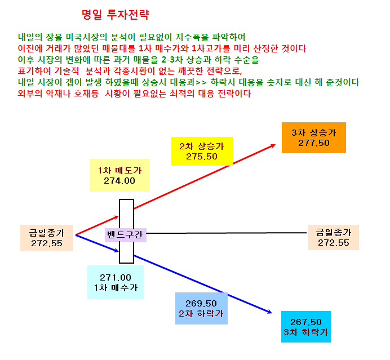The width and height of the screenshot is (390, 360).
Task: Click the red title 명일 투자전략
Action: click(x=116, y=15)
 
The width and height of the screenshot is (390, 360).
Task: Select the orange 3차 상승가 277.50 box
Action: click(x=314, y=137)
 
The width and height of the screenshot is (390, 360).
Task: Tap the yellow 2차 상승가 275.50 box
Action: click(x=202, y=151)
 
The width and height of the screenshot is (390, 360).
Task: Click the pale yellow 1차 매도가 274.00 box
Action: click(x=119, y=175)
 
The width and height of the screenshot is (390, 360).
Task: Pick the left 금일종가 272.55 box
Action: click(x=47, y=238)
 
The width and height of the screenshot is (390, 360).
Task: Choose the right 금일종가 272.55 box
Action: click(x=334, y=237)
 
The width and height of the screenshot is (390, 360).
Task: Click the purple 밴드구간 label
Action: click(x=126, y=235)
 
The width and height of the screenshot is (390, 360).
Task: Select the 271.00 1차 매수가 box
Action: click(x=116, y=282)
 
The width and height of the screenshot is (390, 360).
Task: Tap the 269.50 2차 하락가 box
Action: click(x=201, y=308)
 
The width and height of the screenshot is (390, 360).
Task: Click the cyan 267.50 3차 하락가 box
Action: click(x=306, y=327)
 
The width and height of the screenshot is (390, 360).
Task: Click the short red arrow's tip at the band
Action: click(x=118, y=217)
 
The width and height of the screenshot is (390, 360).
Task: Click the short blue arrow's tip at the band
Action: click(x=118, y=251)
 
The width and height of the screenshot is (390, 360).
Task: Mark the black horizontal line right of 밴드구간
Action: click(x=227, y=233)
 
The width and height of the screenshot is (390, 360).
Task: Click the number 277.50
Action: click(x=314, y=143)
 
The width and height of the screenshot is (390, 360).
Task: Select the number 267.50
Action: click(x=306, y=322)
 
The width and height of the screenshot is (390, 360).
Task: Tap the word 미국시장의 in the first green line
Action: click(x=87, y=37)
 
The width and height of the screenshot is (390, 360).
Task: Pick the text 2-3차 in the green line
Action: click(x=172, y=60)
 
